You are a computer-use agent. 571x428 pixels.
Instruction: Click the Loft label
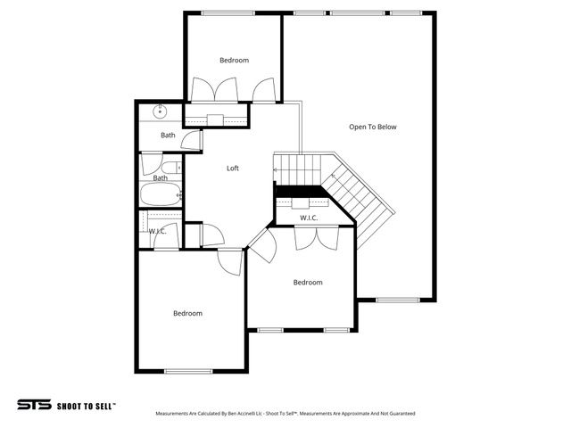click(x=233, y=168)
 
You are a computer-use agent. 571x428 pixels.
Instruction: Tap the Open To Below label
click(x=373, y=127)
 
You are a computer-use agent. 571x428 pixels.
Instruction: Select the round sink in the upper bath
click(x=161, y=111)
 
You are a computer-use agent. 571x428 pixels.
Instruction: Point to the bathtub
click(x=161, y=195)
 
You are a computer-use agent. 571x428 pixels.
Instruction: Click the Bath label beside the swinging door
click(x=168, y=136)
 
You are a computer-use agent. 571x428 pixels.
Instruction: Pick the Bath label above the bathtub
click(x=161, y=178)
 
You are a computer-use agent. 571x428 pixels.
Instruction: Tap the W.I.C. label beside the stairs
click(x=309, y=218)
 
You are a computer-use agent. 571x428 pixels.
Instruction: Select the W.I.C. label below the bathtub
click(x=157, y=232)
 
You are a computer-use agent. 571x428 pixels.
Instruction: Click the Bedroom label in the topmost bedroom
click(x=234, y=60)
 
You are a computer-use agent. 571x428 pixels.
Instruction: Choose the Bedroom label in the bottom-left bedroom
click(x=187, y=313)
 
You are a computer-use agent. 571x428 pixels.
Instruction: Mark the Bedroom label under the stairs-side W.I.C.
click(x=308, y=283)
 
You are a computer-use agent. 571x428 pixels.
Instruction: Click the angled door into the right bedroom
click(x=262, y=243)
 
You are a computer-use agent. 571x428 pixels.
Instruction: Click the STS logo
click(x=34, y=405)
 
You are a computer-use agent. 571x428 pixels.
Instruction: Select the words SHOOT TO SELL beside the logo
click(x=86, y=406)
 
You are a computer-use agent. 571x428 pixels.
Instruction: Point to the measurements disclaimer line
click(x=285, y=414)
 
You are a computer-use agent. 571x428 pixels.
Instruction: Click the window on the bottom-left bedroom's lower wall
click(x=188, y=371)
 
